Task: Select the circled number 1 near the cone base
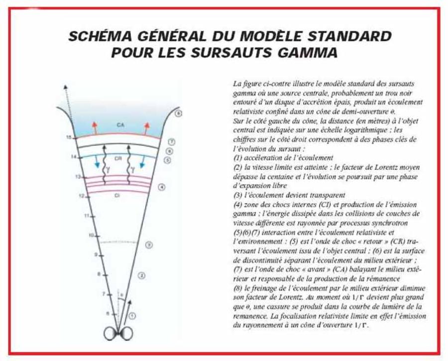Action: click(131, 316)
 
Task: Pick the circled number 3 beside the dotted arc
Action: click(148, 244)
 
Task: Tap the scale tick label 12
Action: click(82, 196)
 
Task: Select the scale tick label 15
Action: click(70, 137)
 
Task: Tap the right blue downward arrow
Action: click(142, 162)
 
